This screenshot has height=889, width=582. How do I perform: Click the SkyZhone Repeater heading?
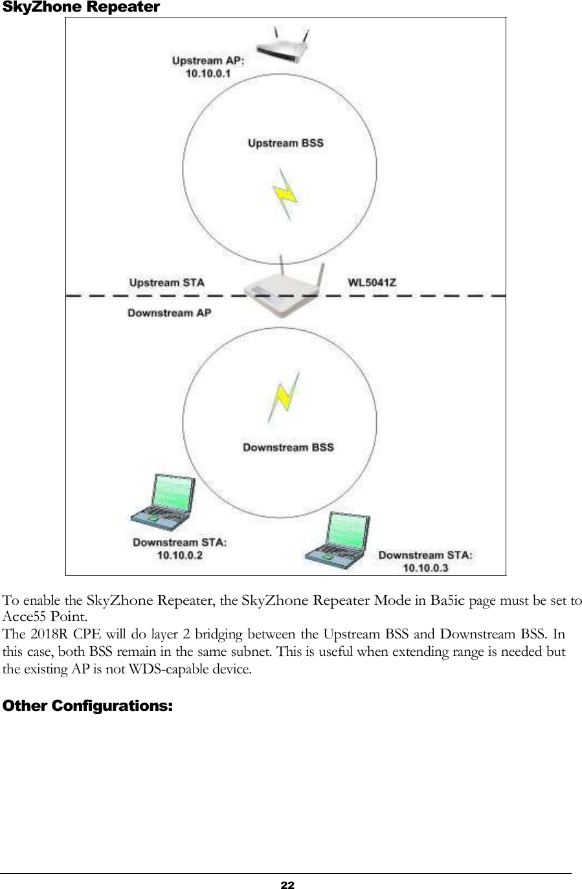81,8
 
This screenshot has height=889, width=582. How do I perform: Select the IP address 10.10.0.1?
208,74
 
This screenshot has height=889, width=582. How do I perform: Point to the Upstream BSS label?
285,143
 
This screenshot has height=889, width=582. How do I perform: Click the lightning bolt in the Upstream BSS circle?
285,192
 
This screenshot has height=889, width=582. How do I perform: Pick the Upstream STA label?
166,283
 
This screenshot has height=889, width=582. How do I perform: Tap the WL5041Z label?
372,282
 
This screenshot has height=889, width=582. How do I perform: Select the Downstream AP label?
169,313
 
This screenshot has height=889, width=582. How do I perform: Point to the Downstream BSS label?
288,447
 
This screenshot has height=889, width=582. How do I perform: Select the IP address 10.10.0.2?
179,555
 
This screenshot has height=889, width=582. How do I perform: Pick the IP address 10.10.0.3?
425,568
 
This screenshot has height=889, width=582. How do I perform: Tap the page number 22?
287,884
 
